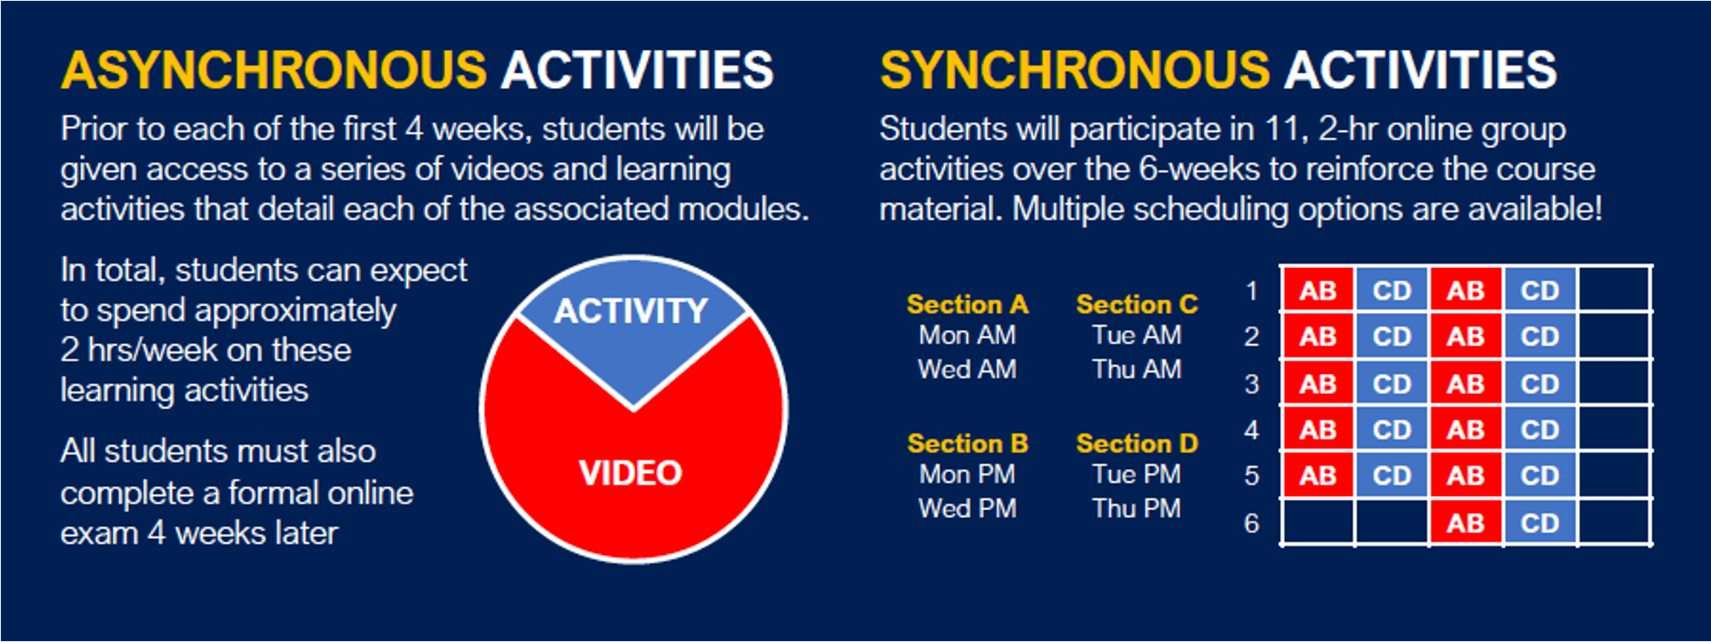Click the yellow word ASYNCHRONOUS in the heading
click(x=274, y=70)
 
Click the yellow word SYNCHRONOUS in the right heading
click(x=1074, y=70)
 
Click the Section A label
click(x=967, y=305)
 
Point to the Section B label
click(x=967, y=444)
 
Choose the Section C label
click(x=1137, y=305)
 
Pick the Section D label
click(x=1137, y=444)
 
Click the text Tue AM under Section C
click(x=1137, y=335)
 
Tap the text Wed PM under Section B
click(x=967, y=509)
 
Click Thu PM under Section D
click(x=1137, y=509)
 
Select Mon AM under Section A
click(x=967, y=335)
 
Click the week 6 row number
click(x=1252, y=524)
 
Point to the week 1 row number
click(x=1252, y=290)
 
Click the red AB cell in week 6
click(x=1465, y=523)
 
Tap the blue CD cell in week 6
click(x=1540, y=523)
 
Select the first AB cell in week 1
click(x=1318, y=290)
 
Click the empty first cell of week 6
click(x=1318, y=523)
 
